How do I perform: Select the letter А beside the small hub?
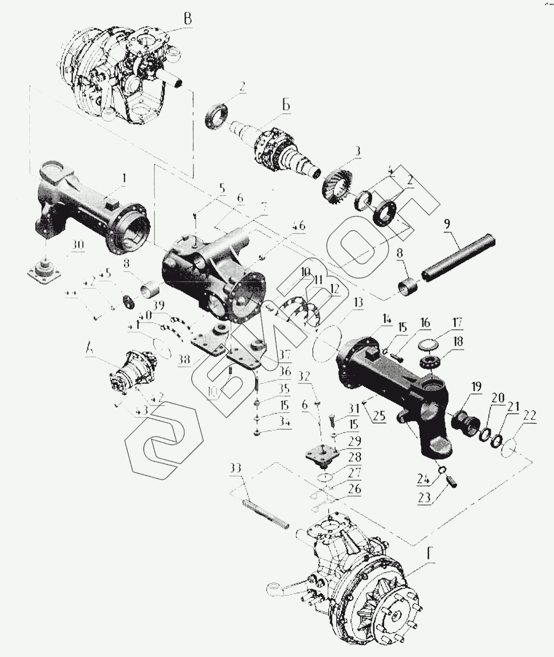click(90, 349)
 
